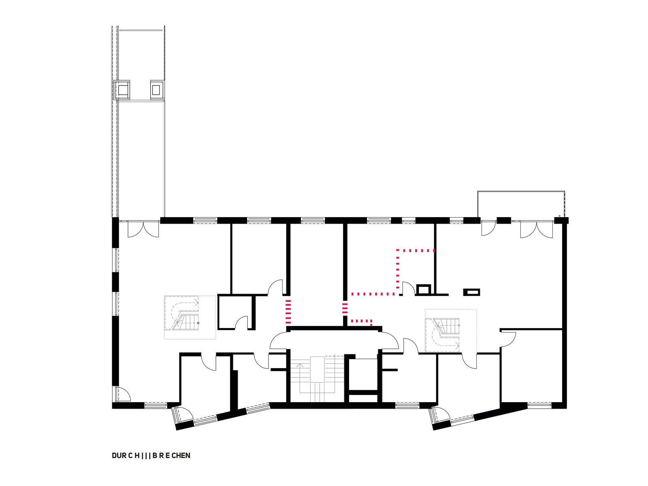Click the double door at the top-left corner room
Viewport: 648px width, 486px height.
coord(143,230)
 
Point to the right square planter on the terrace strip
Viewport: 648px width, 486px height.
coord(157,89)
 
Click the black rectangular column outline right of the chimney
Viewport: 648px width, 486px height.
coord(471,292)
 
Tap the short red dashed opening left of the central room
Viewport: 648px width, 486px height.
coord(288,311)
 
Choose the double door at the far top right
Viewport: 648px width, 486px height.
coord(536,230)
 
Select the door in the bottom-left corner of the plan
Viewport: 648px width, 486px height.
coord(124,394)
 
